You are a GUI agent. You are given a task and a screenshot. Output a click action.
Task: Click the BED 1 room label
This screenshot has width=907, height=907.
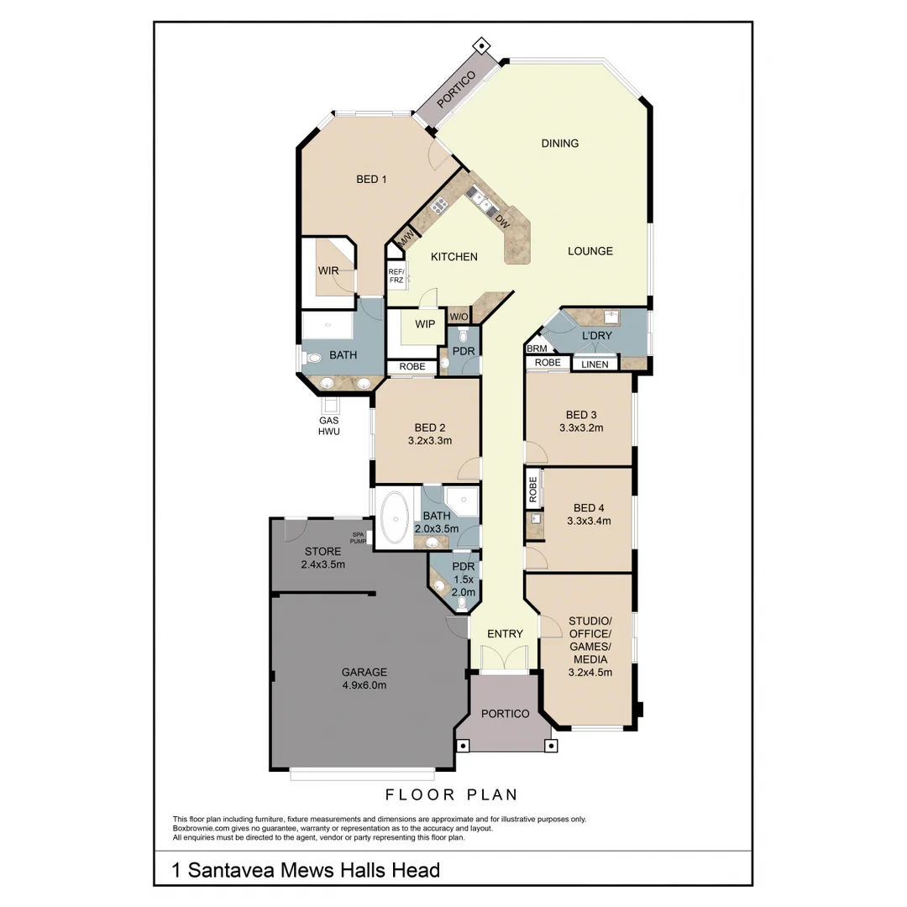point(370,179)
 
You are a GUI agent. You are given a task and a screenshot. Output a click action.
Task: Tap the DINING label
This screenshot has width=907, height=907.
point(559,144)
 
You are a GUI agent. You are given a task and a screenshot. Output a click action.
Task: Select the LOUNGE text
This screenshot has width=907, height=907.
point(590,251)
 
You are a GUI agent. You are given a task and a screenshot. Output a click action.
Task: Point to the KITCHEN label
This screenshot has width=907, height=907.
point(453,257)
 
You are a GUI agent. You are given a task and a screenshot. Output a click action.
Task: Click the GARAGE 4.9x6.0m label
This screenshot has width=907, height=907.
point(364,678)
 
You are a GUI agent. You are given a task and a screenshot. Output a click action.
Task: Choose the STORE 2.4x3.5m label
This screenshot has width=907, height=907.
point(322,558)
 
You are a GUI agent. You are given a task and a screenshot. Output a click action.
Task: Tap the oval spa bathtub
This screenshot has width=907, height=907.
point(394,520)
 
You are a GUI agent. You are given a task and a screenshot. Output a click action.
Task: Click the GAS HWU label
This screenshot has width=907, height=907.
point(328,426)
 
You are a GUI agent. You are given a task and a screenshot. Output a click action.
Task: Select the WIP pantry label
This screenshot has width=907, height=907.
point(425,324)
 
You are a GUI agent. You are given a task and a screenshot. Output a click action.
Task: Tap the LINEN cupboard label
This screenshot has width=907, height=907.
point(595,364)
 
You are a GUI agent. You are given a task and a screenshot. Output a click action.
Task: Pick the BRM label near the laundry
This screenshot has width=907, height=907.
point(537,349)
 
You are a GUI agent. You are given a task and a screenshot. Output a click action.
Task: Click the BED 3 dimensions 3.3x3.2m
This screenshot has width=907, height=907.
point(581,427)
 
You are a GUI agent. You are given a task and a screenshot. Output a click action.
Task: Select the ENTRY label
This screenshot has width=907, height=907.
point(505,634)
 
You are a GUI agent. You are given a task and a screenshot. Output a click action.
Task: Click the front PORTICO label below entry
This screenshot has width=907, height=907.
point(505,714)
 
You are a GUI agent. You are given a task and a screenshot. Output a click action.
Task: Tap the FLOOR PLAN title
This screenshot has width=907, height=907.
point(452,794)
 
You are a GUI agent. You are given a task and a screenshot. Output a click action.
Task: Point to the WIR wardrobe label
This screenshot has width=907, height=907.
point(328,271)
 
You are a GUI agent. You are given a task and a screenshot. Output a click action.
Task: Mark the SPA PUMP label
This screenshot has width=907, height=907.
point(359,538)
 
